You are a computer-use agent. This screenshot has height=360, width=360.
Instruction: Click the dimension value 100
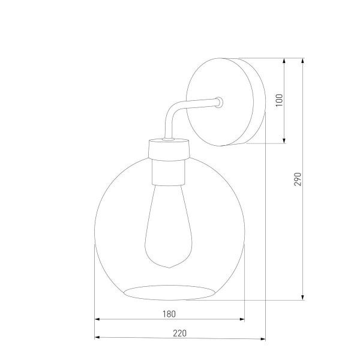278,101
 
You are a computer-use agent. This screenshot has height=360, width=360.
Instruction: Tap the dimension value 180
169,314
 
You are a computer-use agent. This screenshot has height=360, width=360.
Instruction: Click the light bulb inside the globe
167,228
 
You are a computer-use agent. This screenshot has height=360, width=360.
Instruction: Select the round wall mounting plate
225,101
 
